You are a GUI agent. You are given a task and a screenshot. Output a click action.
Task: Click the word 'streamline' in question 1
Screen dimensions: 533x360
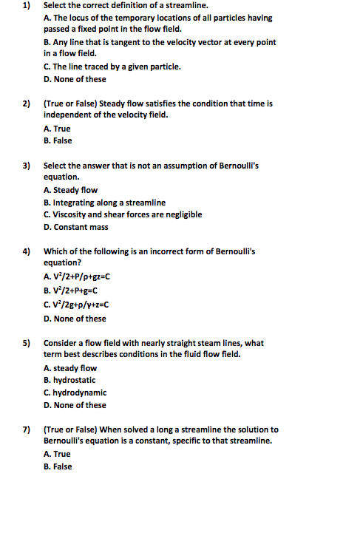169,6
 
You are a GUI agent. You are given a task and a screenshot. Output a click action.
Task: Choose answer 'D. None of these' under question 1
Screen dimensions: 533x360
75,79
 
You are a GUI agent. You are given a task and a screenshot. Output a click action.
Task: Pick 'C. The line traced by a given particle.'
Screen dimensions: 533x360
112,67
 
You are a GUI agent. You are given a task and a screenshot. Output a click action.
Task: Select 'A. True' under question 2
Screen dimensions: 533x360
57,129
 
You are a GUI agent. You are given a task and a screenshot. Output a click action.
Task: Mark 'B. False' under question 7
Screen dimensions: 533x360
58,466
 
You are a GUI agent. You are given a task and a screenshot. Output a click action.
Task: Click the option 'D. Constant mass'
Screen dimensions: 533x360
76,227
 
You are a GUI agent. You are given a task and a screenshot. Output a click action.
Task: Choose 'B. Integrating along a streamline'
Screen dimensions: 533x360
104,203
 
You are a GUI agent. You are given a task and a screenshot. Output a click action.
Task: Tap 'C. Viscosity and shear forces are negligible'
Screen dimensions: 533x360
123,214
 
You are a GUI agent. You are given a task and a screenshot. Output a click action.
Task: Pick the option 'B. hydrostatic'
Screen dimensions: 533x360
69,380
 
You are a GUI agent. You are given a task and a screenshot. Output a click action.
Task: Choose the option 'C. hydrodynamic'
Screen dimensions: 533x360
75,393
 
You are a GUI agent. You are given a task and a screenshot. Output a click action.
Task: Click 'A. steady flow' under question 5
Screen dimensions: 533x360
70,368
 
